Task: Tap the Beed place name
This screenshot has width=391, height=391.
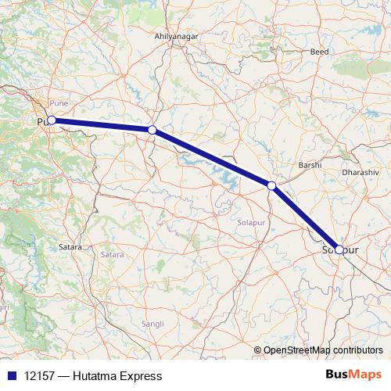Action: pos(319,52)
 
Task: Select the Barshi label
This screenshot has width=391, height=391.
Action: pos(310,166)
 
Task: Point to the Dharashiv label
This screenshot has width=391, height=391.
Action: pos(361,171)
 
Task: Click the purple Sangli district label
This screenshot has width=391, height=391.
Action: pos(152,323)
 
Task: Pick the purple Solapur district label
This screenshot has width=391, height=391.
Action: pos(253,223)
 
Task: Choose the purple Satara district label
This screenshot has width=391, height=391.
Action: pos(112,254)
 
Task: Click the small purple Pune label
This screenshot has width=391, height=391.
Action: pos(59,103)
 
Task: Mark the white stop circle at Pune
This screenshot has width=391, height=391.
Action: pos(51,120)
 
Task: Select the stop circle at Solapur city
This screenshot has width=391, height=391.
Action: pos(339,249)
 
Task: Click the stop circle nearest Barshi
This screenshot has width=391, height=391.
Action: pos(271,185)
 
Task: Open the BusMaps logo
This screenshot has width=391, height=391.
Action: pos(353,375)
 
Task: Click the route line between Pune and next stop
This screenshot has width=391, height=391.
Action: pos(102,125)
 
